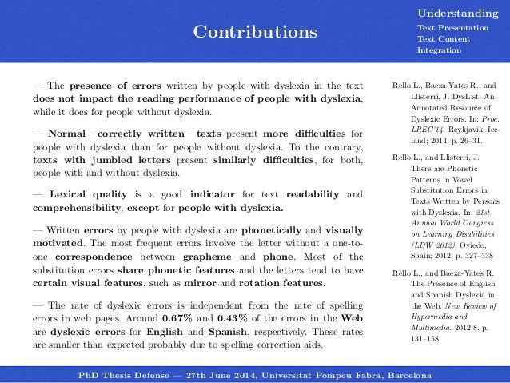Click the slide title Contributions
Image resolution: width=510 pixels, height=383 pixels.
click(x=256, y=33)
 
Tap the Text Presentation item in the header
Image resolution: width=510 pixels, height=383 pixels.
click(x=452, y=28)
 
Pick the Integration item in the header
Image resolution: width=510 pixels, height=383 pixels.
click(x=439, y=50)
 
